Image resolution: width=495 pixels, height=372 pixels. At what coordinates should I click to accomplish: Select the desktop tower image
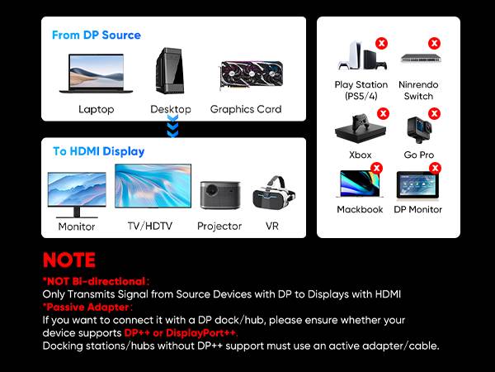[170, 72]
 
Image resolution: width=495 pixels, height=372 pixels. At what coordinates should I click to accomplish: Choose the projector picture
[219, 195]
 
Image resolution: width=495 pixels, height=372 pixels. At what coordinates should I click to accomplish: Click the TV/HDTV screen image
[153, 188]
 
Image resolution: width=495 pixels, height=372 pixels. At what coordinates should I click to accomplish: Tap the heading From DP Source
[96, 36]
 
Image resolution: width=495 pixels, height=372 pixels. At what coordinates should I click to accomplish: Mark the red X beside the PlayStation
[381, 42]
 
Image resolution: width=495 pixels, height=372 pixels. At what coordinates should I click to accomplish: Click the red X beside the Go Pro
[434, 114]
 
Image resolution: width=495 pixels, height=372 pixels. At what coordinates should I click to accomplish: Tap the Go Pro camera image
[417, 129]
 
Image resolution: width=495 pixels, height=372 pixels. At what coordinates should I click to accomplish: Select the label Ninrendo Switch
[418, 90]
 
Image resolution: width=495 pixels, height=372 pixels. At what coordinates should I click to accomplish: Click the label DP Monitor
[417, 210]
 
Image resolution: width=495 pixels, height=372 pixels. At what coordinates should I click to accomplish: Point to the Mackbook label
[361, 210]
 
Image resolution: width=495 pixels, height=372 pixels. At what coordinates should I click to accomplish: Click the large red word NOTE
[69, 260]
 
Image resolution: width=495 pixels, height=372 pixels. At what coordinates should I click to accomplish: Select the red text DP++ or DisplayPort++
[180, 332]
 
